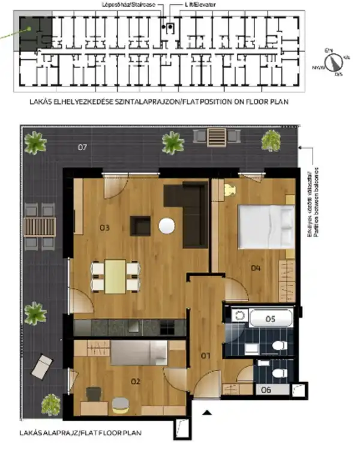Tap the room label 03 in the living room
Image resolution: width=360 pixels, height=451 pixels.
[104, 227]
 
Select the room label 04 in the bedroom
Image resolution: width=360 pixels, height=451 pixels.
[256, 268]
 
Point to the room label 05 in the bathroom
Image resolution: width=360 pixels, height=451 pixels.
[270, 319]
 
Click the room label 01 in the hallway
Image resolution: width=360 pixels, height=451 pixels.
[205, 356]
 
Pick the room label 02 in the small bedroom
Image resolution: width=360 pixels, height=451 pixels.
[136, 381]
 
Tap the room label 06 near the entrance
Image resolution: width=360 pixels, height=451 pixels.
[266, 389]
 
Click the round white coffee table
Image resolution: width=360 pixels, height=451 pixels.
[167, 226]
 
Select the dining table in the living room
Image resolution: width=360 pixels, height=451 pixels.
[115, 276]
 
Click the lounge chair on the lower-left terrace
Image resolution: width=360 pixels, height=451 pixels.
[43, 365]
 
